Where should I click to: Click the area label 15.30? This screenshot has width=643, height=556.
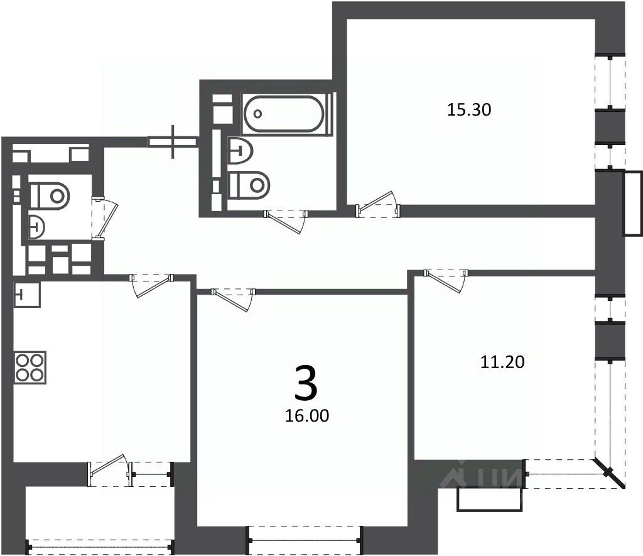pyautogui.click(x=468, y=110)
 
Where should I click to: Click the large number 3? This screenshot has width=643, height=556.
pyautogui.click(x=306, y=383)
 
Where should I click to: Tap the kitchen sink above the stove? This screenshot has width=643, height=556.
pyautogui.click(x=26, y=293)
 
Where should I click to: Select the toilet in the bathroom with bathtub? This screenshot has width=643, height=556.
pyautogui.click(x=250, y=184)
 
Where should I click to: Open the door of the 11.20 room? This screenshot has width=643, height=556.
pyautogui.click(x=446, y=277)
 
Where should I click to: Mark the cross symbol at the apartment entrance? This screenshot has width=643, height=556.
pyautogui.click(x=174, y=142)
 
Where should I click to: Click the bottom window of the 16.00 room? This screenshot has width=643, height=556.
pyautogui.click(x=305, y=535)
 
